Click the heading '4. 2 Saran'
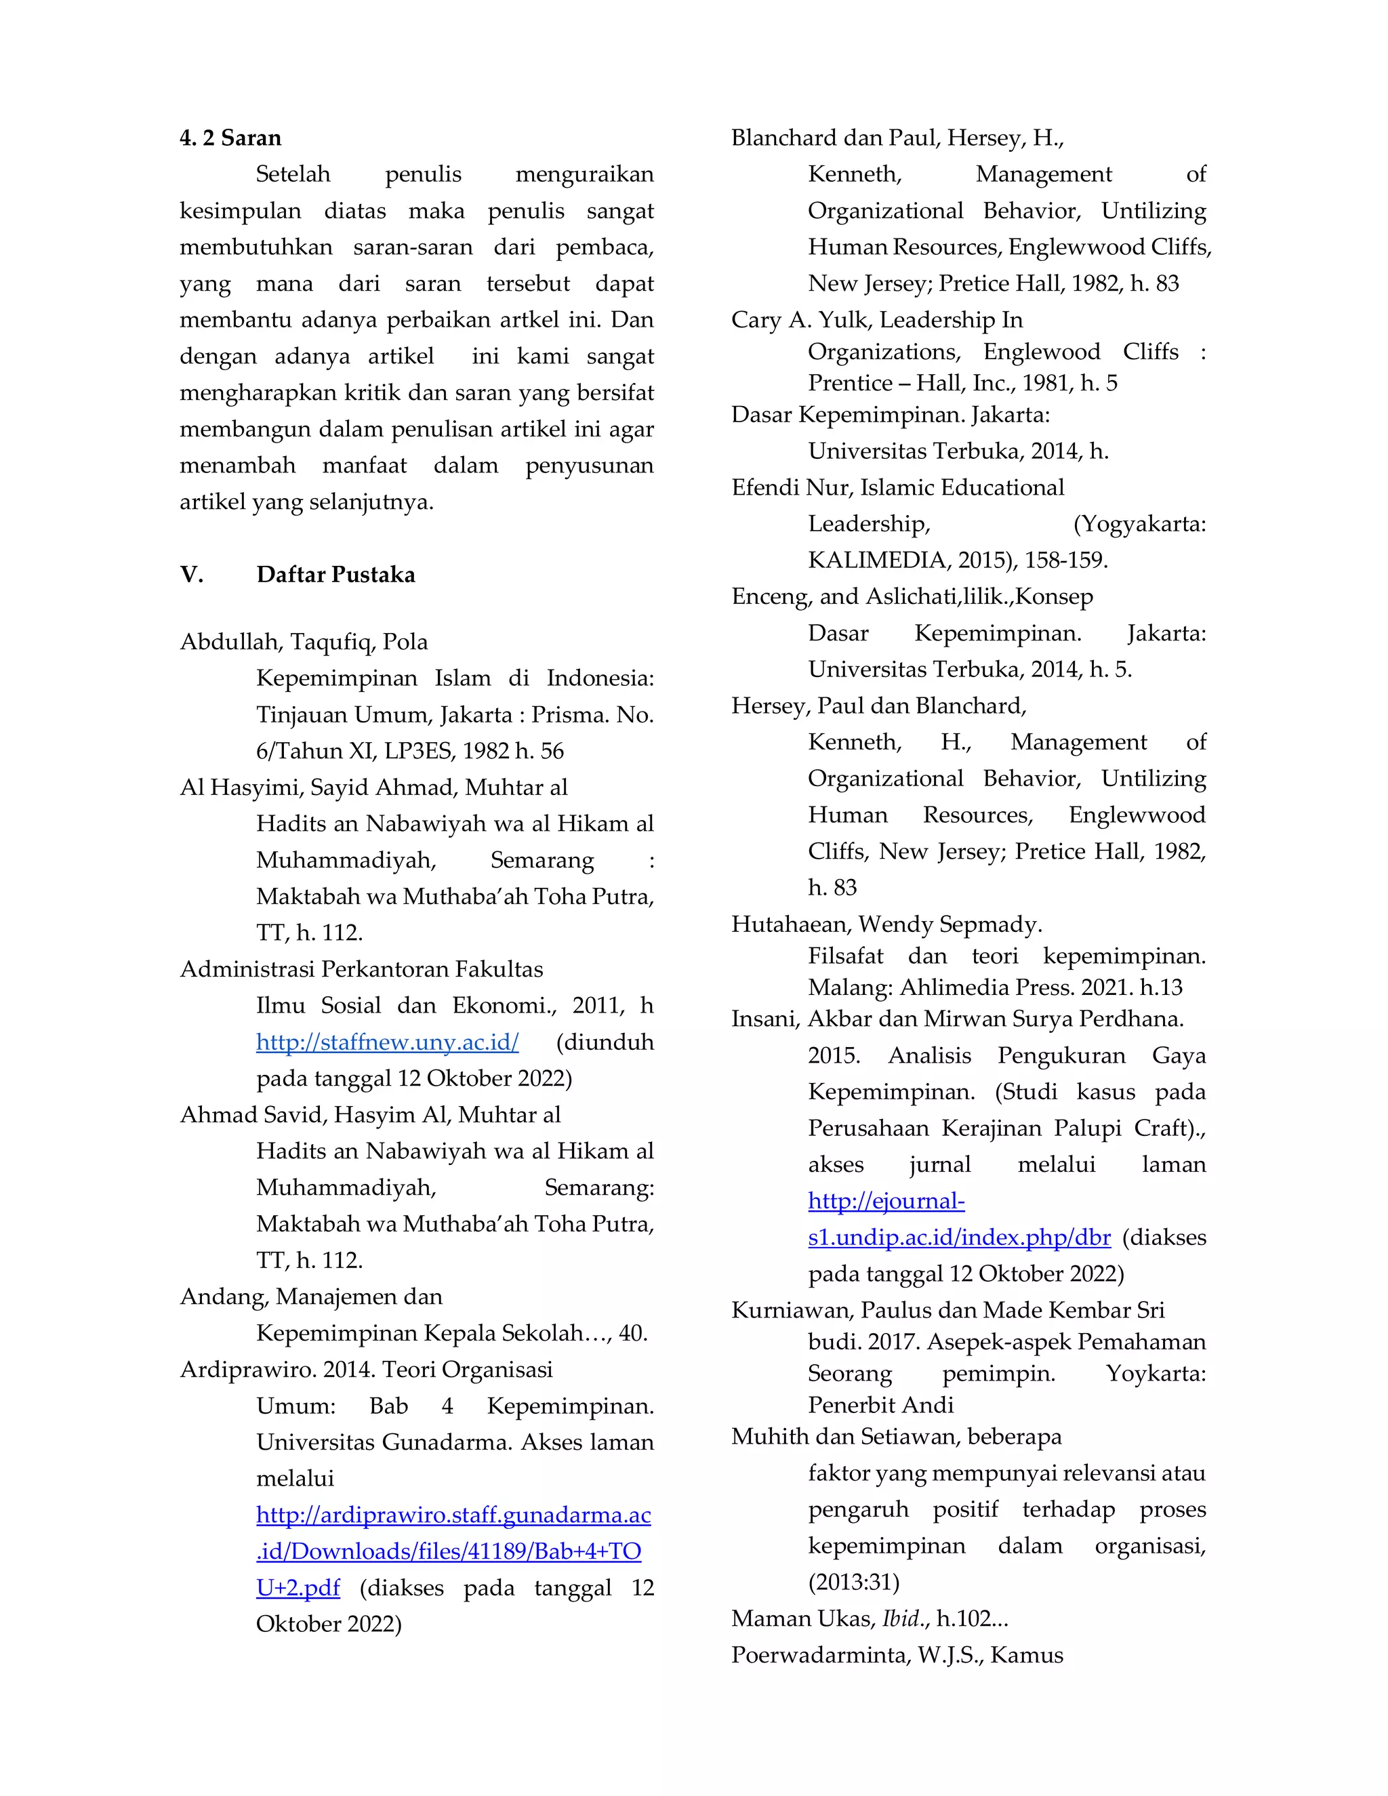coord(230,138)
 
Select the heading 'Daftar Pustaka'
coord(335,575)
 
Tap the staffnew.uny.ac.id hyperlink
coord(387,1043)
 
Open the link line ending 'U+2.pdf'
coord(298,1588)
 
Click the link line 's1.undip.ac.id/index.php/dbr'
coord(959,1238)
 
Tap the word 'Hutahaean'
coord(791,925)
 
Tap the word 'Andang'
coord(223,1297)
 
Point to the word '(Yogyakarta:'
coord(1140,524)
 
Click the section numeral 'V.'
coord(192,575)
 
